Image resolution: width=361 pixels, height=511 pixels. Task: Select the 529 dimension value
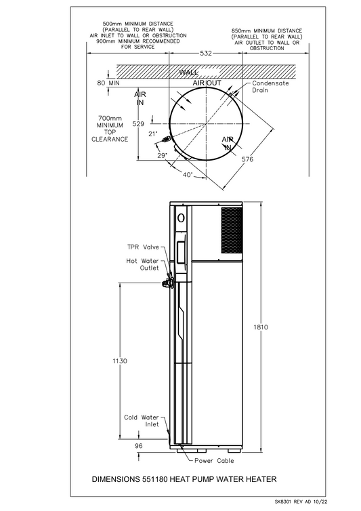click(x=138, y=124)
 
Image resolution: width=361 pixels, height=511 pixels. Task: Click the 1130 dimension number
click(x=119, y=361)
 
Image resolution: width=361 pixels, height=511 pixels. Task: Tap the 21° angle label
click(x=154, y=134)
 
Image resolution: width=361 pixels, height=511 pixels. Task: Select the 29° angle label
click(x=163, y=156)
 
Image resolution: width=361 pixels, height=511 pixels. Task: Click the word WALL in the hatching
click(x=188, y=72)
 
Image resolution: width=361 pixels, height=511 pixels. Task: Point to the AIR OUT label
click(x=207, y=82)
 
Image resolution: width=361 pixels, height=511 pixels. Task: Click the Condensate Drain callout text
click(x=270, y=86)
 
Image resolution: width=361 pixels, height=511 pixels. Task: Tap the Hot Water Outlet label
click(x=142, y=264)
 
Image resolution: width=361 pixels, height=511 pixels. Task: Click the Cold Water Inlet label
click(x=141, y=421)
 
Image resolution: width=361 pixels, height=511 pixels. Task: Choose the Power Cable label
click(x=215, y=461)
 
